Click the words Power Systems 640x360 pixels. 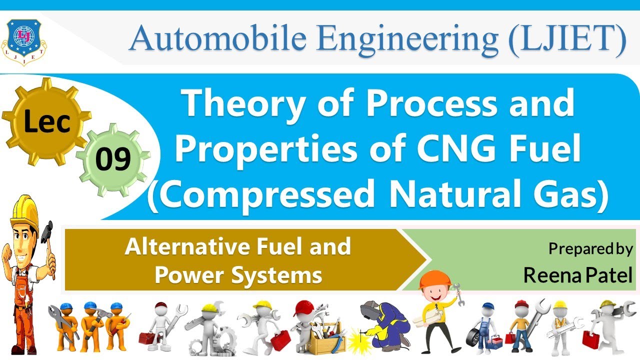pyautogui.click(x=238, y=275)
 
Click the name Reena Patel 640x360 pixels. pyautogui.click(x=578, y=275)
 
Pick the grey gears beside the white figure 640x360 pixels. pyautogui.click(x=222, y=340)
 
